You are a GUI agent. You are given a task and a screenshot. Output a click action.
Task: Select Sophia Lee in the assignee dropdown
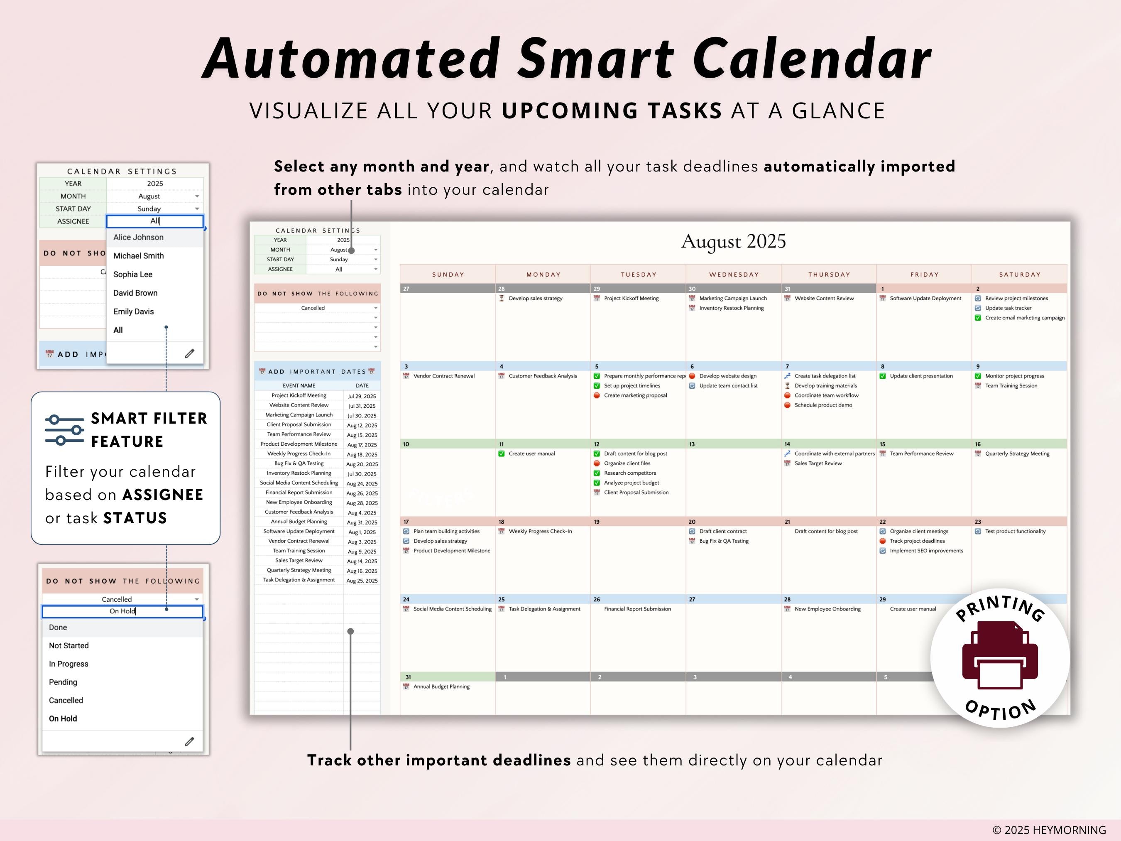(x=133, y=274)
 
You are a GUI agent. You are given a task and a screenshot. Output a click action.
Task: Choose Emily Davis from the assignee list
(x=133, y=311)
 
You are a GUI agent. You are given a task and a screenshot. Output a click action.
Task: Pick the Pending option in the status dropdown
(x=63, y=682)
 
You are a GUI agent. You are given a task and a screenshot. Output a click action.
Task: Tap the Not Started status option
(x=69, y=645)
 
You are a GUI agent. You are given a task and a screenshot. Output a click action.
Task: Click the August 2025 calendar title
(x=733, y=242)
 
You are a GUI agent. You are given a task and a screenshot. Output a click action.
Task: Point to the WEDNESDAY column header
(x=734, y=274)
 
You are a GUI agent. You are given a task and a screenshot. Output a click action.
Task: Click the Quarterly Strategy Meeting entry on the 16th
(x=1017, y=454)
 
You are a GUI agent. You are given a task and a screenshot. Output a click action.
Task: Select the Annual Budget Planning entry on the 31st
(x=441, y=687)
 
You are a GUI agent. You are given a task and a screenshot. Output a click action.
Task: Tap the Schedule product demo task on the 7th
(x=823, y=405)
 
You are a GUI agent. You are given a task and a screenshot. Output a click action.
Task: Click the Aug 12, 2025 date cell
(x=362, y=425)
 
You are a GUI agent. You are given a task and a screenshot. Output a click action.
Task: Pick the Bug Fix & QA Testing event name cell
(x=299, y=463)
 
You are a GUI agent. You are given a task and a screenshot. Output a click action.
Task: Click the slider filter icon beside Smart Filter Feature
(x=64, y=430)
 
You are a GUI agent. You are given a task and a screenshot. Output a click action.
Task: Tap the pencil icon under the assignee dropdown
(x=190, y=353)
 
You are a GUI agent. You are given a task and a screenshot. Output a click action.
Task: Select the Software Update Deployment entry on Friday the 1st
(x=925, y=298)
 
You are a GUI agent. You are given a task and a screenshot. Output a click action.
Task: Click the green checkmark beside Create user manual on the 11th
(x=501, y=454)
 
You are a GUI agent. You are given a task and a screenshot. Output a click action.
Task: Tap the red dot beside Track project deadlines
(x=882, y=541)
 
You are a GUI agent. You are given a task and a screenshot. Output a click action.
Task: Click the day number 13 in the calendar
(x=692, y=444)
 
